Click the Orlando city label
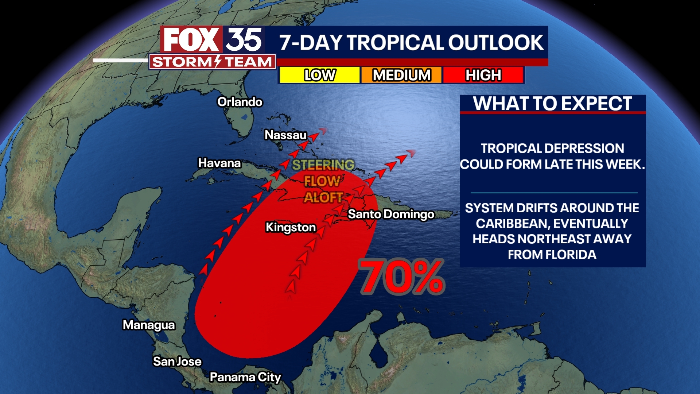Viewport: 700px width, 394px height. pos(240,102)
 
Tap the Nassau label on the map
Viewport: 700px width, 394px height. pos(285,135)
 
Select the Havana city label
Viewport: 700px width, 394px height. pos(219,163)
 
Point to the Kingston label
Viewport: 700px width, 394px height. pos(291,227)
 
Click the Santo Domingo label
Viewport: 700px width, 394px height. pos(391,214)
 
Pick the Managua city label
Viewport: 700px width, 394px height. pos(149,325)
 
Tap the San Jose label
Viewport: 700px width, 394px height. pos(177,362)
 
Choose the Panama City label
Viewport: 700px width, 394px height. pos(245,377)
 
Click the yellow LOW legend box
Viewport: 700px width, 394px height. pos(320,75)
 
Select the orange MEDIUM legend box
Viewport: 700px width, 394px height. pos(401,75)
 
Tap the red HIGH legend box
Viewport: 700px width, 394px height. pos(483,75)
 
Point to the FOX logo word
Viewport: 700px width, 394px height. pos(191,40)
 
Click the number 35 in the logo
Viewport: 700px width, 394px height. pos(244,40)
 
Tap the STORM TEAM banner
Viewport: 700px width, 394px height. pos(212,62)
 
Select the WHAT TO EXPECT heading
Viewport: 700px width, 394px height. pos(552,104)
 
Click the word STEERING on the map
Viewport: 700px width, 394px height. pos(323,165)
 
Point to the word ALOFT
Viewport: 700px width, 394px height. pos(323,198)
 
